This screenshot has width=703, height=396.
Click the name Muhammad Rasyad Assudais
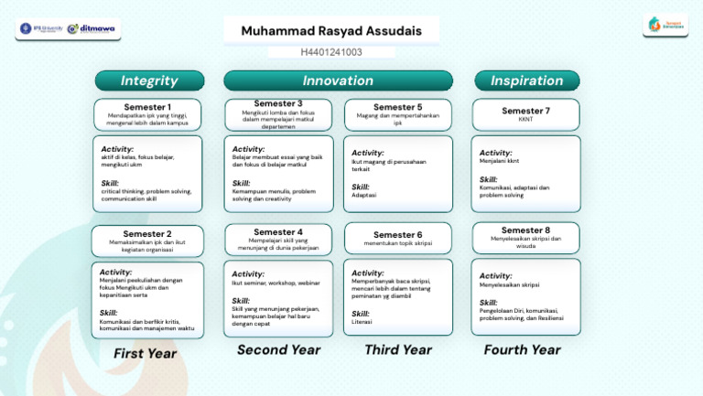tap(331, 31)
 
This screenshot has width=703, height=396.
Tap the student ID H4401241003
tap(331, 52)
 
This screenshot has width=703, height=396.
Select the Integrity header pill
tap(149, 80)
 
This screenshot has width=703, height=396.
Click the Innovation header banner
tap(338, 80)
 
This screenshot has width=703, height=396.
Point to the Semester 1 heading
tap(146, 107)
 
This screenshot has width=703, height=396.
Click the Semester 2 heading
tap(146, 233)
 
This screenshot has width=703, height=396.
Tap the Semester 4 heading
tap(277, 231)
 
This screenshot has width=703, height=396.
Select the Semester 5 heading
tap(397, 107)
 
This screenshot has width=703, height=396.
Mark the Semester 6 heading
tap(397, 234)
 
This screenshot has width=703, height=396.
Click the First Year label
tap(145, 353)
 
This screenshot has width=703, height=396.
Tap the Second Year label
tap(278, 349)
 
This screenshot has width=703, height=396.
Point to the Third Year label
tap(397, 349)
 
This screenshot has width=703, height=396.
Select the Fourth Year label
tap(522, 349)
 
